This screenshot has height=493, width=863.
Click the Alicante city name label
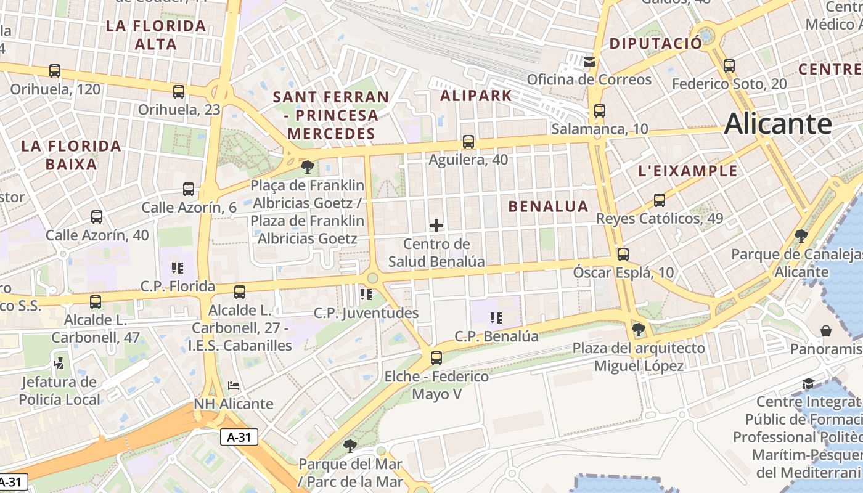pos(778,124)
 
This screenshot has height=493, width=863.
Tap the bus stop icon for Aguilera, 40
pos(468,142)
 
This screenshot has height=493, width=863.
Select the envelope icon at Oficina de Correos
pos(589,62)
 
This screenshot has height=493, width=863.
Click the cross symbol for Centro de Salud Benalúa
pos(436,225)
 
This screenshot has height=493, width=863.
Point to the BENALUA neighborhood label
pos(548,206)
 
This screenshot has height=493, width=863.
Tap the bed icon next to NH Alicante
pos(234,386)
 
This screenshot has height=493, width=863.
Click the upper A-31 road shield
pos(239,437)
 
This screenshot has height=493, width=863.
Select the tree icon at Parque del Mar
pos(350,445)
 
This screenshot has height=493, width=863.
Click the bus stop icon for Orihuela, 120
pos(55,71)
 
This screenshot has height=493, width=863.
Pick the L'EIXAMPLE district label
pos(688,171)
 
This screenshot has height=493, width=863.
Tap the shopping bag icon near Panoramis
pos(826,331)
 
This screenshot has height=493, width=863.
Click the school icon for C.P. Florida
pos(178,267)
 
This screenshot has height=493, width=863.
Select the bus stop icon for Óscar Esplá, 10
pos(623,254)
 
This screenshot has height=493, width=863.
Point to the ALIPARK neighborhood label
pos(476,96)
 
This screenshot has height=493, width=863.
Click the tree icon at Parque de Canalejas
pos(801,235)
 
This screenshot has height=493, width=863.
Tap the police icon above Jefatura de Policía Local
pos(59,363)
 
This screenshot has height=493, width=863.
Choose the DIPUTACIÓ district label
pos(655,44)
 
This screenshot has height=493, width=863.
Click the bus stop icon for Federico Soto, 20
pos(729,65)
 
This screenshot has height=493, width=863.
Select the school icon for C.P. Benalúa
pos(496,318)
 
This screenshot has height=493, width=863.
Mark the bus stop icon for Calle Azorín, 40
pos(97,216)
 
